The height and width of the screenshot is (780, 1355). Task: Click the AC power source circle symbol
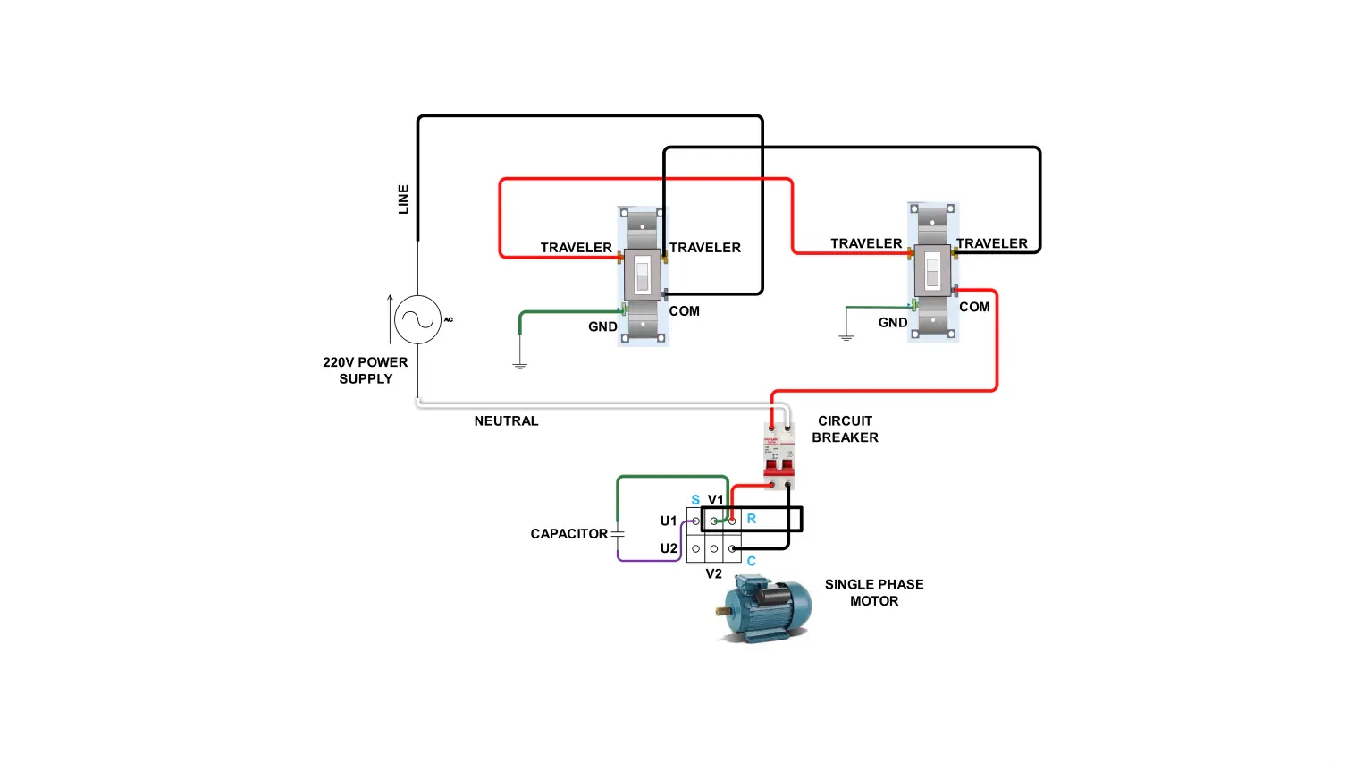[417, 319]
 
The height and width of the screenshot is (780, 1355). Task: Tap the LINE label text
[403, 199]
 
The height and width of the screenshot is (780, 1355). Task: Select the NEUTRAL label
[506, 420]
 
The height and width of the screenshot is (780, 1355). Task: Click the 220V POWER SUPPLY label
[366, 370]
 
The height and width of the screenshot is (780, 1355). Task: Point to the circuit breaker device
[778, 455]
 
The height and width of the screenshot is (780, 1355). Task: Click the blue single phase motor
[764, 608]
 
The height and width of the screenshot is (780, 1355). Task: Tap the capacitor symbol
[618, 533]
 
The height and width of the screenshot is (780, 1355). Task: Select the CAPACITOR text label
[568, 534]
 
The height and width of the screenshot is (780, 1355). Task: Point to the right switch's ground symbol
[846, 337]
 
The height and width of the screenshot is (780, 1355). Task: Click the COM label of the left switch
[684, 311]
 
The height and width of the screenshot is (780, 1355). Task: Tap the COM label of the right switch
[974, 307]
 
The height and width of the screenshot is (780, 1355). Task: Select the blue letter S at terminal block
[695, 500]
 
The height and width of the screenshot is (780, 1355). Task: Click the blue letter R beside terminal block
[751, 519]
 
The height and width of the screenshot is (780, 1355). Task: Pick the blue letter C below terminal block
[751, 561]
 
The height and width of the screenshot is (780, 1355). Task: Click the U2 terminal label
[669, 548]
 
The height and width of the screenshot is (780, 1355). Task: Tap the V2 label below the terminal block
[713, 573]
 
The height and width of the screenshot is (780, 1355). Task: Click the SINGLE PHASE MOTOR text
[874, 592]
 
